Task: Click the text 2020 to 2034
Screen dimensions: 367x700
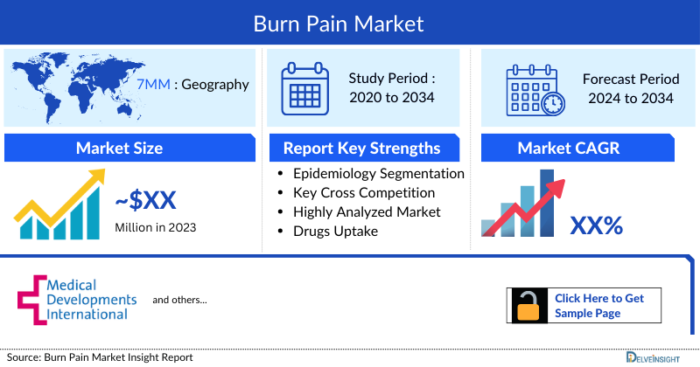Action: pyautogui.click(x=391, y=97)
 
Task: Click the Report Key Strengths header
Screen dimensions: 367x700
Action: pyautogui.click(x=361, y=148)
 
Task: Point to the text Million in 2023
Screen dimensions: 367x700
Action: pyautogui.click(x=156, y=227)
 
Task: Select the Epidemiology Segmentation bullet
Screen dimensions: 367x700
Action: pyautogui.click(x=378, y=173)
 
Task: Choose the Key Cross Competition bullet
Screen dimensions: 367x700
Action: pyautogui.click(x=364, y=192)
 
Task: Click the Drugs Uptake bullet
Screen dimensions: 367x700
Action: pyautogui.click(x=337, y=231)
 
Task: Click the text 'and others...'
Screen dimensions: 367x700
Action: pyautogui.click(x=179, y=300)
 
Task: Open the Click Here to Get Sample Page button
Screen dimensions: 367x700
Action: pyautogui.click(x=584, y=305)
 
